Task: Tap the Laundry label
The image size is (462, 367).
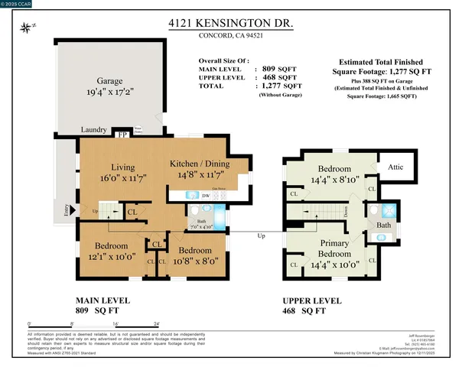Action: coord(93,132)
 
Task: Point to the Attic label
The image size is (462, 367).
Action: coord(397,164)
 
